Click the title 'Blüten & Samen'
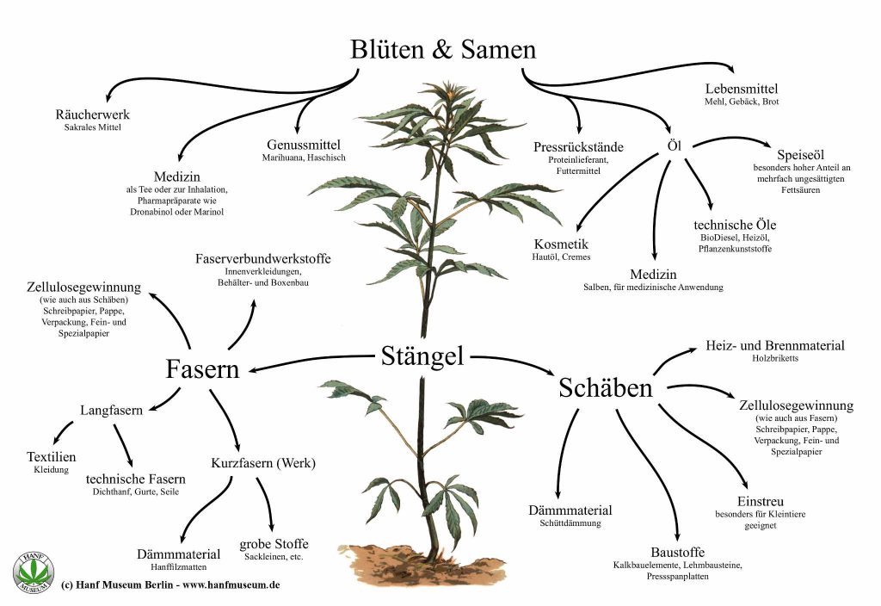coord(443,50)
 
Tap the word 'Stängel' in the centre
coord(422,355)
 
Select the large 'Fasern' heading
coord(202,368)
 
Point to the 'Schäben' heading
coord(605,387)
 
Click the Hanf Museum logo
coord(33,570)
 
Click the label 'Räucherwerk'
coord(92,114)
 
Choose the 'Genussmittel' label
coord(304,145)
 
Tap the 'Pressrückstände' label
coord(578,147)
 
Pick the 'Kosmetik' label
coord(561,244)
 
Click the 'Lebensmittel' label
coord(742,89)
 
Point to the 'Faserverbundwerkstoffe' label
coord(263,258)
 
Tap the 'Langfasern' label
coord(112,411)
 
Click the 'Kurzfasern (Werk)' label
coord(263,463)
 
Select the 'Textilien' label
coord(52,457)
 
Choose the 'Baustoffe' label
coord(678,552)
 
